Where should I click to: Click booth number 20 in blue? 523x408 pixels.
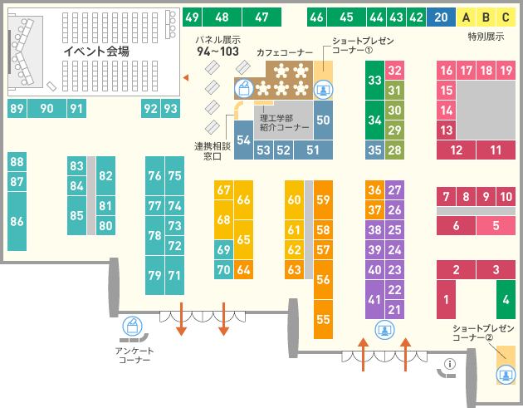[441, 17]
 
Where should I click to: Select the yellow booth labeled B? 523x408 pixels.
[486, 17]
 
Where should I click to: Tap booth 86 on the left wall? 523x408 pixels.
[17, 221]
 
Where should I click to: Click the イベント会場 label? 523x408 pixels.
[96, 51]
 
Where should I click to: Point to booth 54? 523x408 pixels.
[243, 140]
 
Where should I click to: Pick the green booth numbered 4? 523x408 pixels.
[506, 299]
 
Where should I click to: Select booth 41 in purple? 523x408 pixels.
[374, 299]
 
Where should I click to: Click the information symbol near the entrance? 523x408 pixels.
[450, 364]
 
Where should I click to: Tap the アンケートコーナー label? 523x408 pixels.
[134, 356]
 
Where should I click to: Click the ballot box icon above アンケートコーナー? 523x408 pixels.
[133, 326]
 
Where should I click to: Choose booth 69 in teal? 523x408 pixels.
[224, 250]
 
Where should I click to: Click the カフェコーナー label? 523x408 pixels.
[285, 52]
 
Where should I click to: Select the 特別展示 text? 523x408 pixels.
[486, 37]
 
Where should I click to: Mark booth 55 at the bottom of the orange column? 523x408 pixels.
[323, 319]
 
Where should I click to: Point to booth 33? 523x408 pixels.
[374, 80]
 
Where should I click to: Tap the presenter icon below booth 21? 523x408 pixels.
[385, 330]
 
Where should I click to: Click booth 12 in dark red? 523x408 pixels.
[456, 150]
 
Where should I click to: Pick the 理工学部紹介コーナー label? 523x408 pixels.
[285, 122]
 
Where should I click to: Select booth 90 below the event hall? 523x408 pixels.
[46, 109]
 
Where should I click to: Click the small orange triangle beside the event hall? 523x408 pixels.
[186, 78]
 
